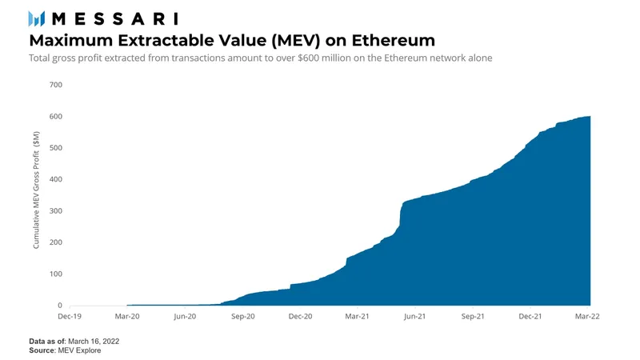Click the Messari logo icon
[37, 18]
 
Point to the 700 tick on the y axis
[55, 85]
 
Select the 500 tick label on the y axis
[55, 148]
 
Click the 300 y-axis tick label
[55, 211]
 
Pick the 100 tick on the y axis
[55, 274]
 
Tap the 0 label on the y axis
[59, 306]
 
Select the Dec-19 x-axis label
[70, 317]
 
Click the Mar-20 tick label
[127, 317]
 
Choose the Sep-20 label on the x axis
[243, 317]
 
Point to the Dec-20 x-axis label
[300, 317]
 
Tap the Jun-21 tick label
[415, 317]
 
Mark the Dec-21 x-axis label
[531, 317]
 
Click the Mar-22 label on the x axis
[588, 317]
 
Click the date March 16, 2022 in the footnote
[94, 342]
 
